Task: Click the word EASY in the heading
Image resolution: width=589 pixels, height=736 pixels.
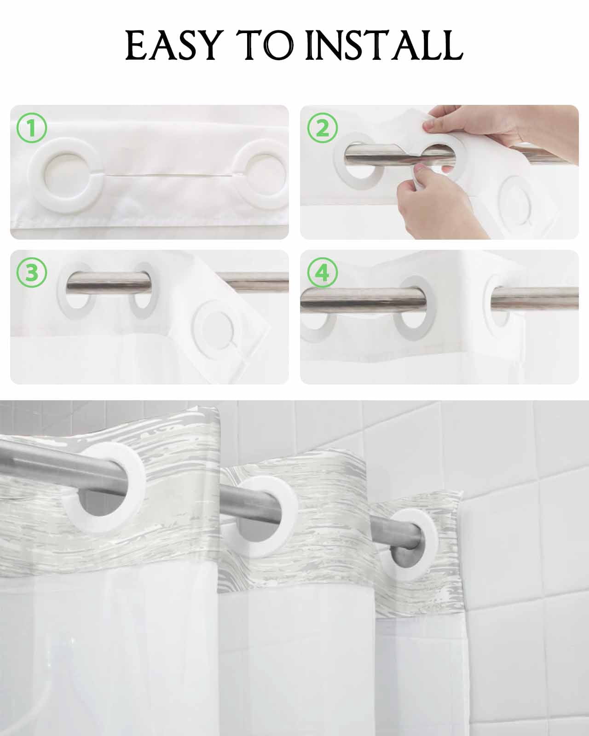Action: point(173,45)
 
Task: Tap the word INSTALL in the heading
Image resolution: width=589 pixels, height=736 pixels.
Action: point(384,45)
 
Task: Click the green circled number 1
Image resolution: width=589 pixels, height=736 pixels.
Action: point(31,128)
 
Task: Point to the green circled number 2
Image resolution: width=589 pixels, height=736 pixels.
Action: point(323,127)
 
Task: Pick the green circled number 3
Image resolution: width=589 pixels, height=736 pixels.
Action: point(31,273)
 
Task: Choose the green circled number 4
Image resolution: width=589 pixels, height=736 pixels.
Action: point(323,273)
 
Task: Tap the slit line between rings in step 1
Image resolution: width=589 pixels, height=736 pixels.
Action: point(170,175)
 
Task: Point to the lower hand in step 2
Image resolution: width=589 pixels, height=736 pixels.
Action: point(438,202)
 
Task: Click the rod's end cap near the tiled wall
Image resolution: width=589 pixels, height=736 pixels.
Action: point(400,556)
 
